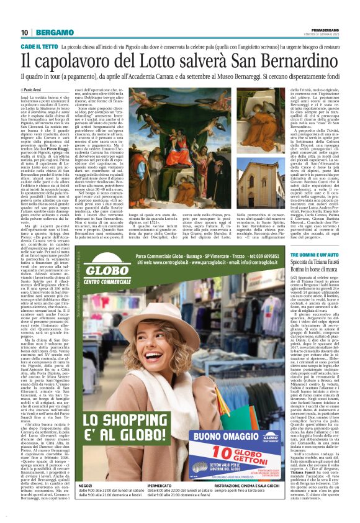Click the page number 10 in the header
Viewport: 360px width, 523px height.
click(x=24, y=32)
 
